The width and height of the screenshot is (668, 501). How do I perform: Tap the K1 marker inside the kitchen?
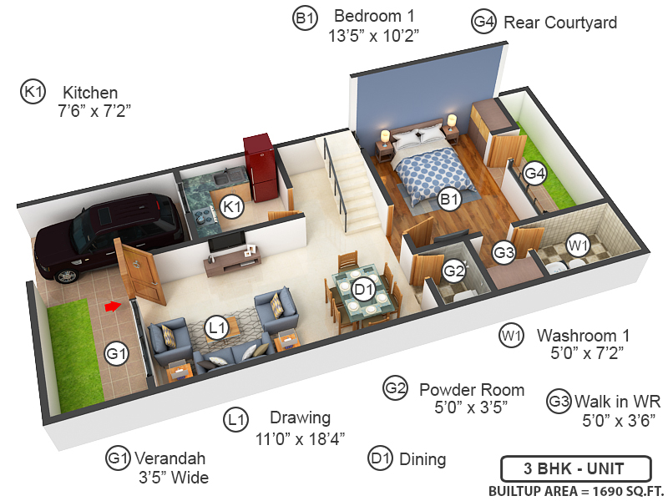(x=232, y=206)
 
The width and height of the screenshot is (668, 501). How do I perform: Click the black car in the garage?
(x=109, y=234)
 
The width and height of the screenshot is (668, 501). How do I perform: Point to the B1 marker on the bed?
(x=450, y=200)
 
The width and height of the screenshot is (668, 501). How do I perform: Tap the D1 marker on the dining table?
(x=362, y=290)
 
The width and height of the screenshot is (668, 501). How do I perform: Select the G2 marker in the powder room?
(x=453, y=271)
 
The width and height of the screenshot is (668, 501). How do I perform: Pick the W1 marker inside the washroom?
(x=579, y=245)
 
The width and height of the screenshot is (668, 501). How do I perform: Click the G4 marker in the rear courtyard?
(x=534, y=174)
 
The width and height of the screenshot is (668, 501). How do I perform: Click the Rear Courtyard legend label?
(x=560, y=23)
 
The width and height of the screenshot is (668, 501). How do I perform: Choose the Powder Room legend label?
(x=472, y=390)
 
